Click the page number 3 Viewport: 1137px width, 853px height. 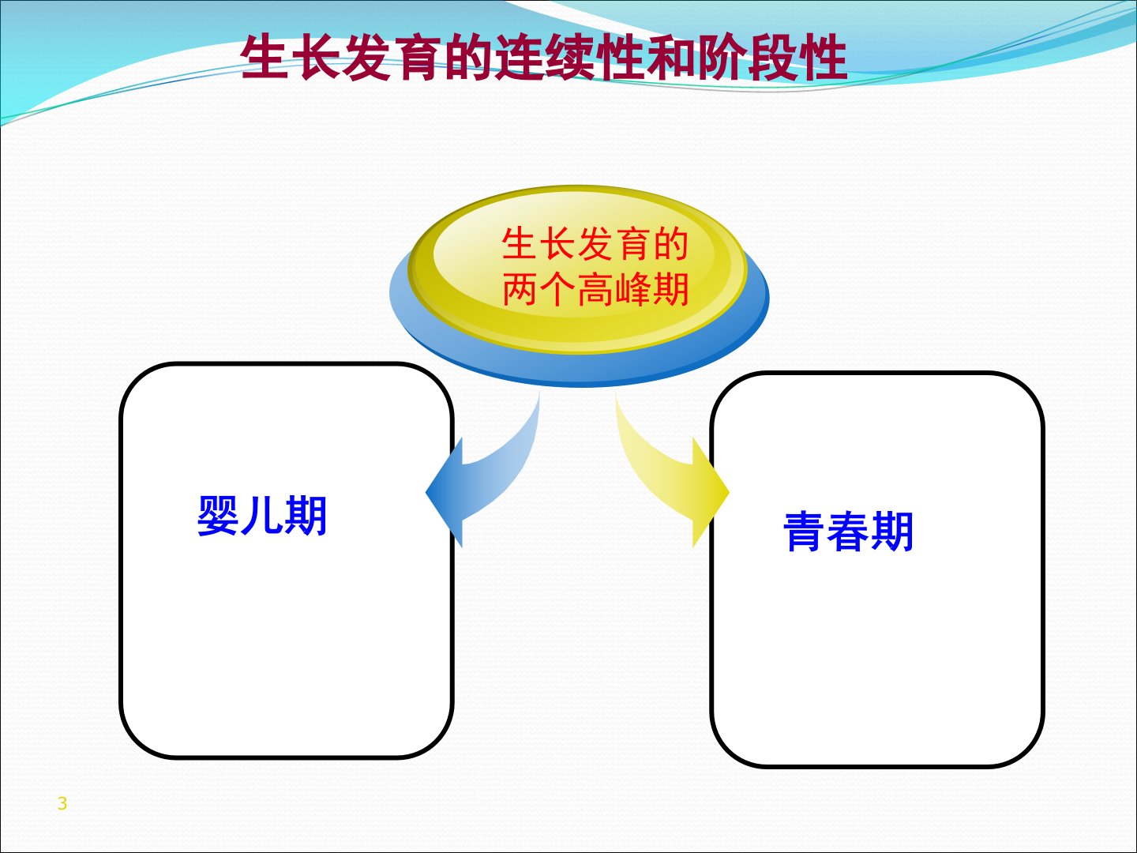[62, 803]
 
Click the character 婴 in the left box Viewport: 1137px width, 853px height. [219, 516]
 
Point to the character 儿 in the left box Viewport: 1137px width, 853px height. [262, 516]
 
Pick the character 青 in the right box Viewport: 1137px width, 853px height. [805, 532]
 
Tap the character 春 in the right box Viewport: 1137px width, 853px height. [848, 532]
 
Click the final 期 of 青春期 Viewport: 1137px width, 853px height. [891, 532]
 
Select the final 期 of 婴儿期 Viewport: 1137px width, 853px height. [306, 516]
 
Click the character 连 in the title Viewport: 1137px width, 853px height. [518, 58]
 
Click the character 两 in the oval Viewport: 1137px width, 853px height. [520, 289]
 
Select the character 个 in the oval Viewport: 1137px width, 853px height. [558, 289]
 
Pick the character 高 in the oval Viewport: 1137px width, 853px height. [595, 289]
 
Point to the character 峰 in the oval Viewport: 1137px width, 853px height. [632, 289]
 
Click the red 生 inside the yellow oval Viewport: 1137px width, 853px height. [520, 244]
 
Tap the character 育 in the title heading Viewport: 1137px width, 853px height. [416, 58]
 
